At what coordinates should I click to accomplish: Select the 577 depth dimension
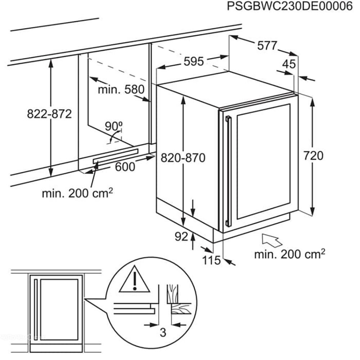267,46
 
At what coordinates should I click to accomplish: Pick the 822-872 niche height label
49,114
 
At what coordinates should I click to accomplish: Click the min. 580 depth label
121,89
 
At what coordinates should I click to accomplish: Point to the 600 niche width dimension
125,167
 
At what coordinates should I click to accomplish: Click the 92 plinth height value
182,237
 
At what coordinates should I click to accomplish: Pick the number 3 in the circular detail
163,333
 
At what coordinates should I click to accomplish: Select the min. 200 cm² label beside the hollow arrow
290,255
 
